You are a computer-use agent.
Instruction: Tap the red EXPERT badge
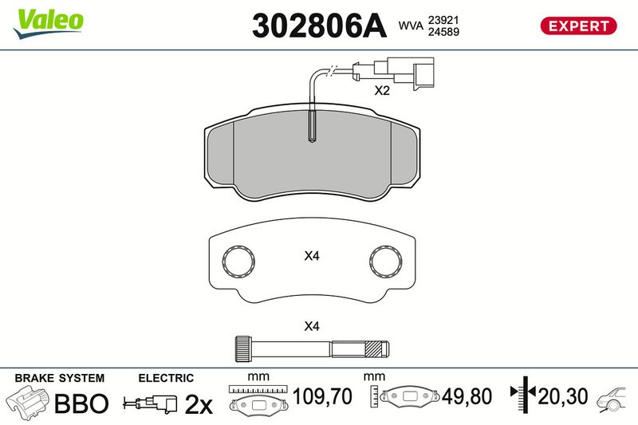pyautogui.click(x=579, y=26)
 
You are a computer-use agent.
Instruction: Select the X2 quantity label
pyautogui.click(x=382, y=91)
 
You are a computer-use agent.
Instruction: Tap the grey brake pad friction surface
pyautogui.click(x=311, y=163)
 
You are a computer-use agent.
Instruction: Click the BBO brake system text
pyautogui.click(x=80, y=403)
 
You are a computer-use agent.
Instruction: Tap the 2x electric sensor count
pyautogui.click(x=198, y=404)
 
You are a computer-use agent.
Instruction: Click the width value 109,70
pyautogui.click(x=323, y=396)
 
